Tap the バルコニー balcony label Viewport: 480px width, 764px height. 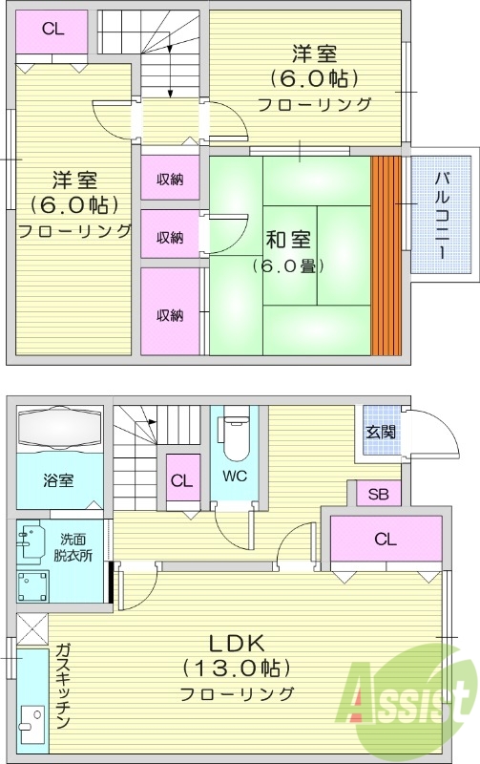443,213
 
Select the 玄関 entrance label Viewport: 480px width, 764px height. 376,432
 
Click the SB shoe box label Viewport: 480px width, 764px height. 378,494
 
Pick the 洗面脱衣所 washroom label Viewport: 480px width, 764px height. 73,546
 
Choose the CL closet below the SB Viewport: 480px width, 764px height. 385,540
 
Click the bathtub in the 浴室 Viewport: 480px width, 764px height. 59,427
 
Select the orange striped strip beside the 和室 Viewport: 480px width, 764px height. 385,255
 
